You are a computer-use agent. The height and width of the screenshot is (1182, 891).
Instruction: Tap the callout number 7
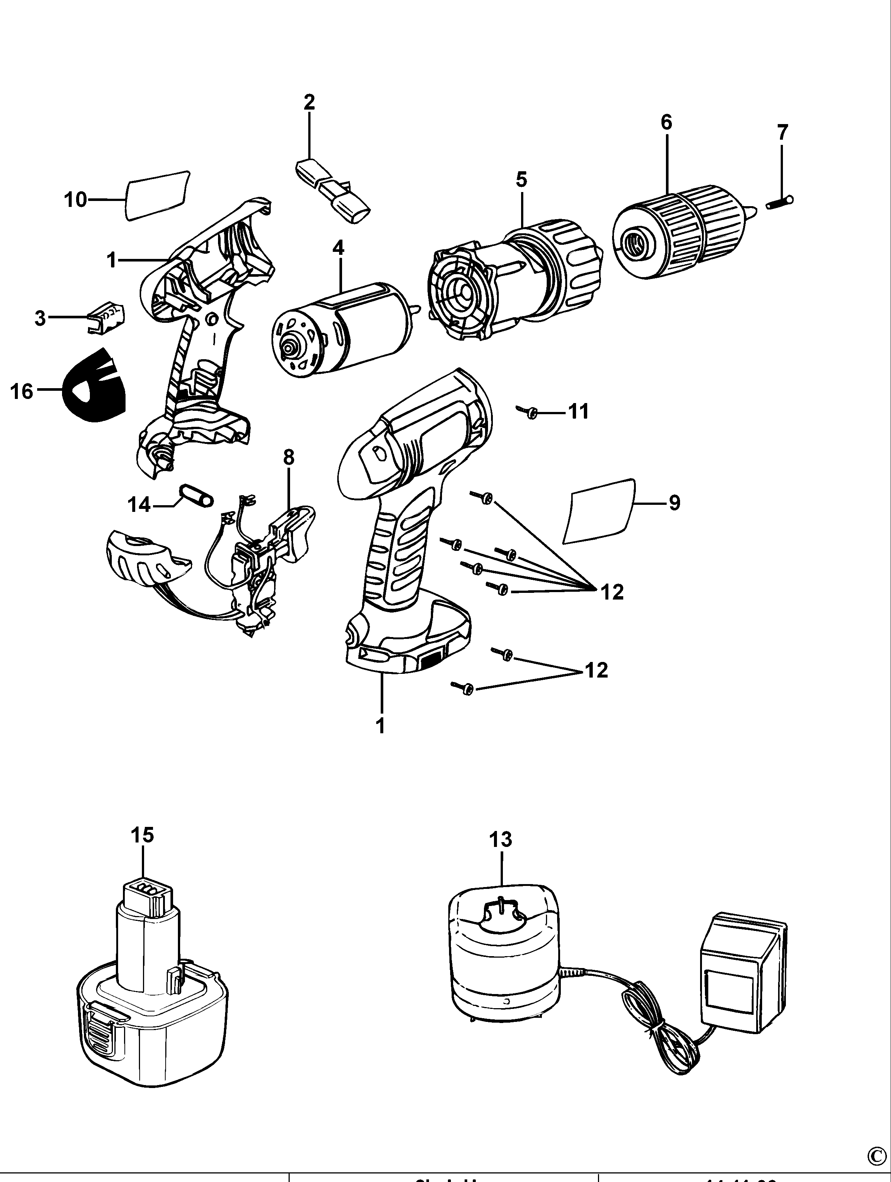click(782, 131)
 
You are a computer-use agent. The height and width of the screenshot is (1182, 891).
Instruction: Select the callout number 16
click(22, 391)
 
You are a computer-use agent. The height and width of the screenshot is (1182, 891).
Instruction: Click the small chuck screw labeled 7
click(779, 202)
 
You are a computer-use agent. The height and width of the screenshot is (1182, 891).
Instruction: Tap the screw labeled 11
click(530, 412)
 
